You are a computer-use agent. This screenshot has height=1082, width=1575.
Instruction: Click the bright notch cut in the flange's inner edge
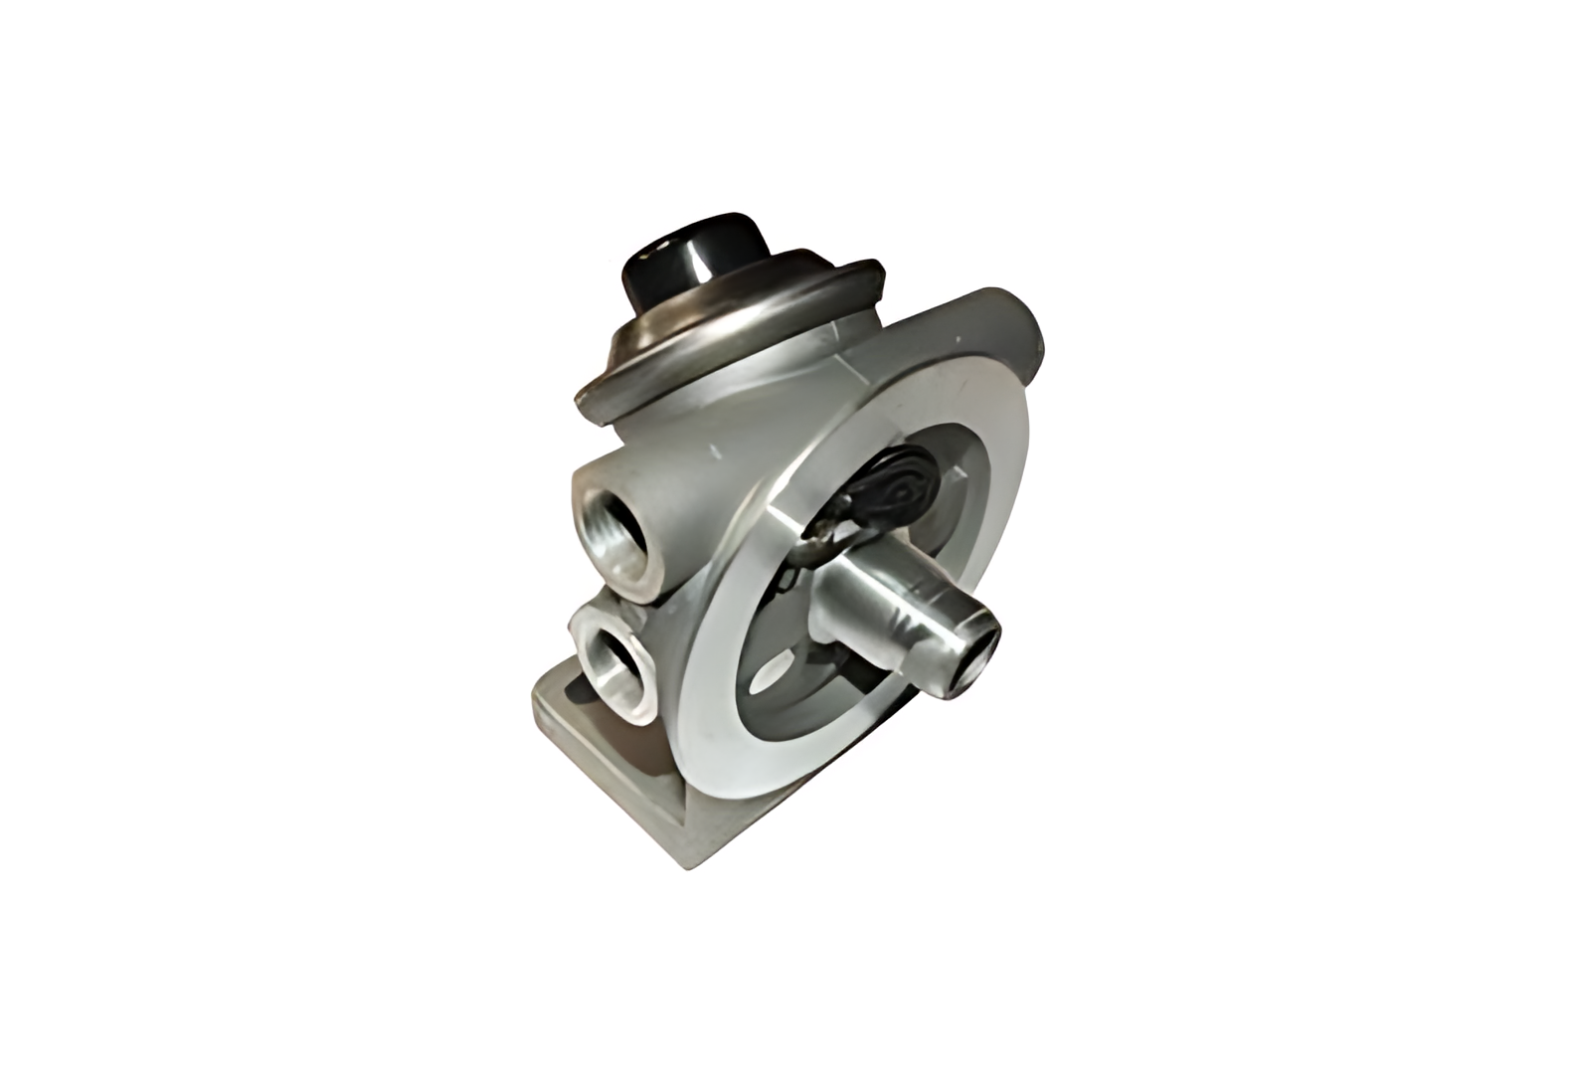click(786, 517)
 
